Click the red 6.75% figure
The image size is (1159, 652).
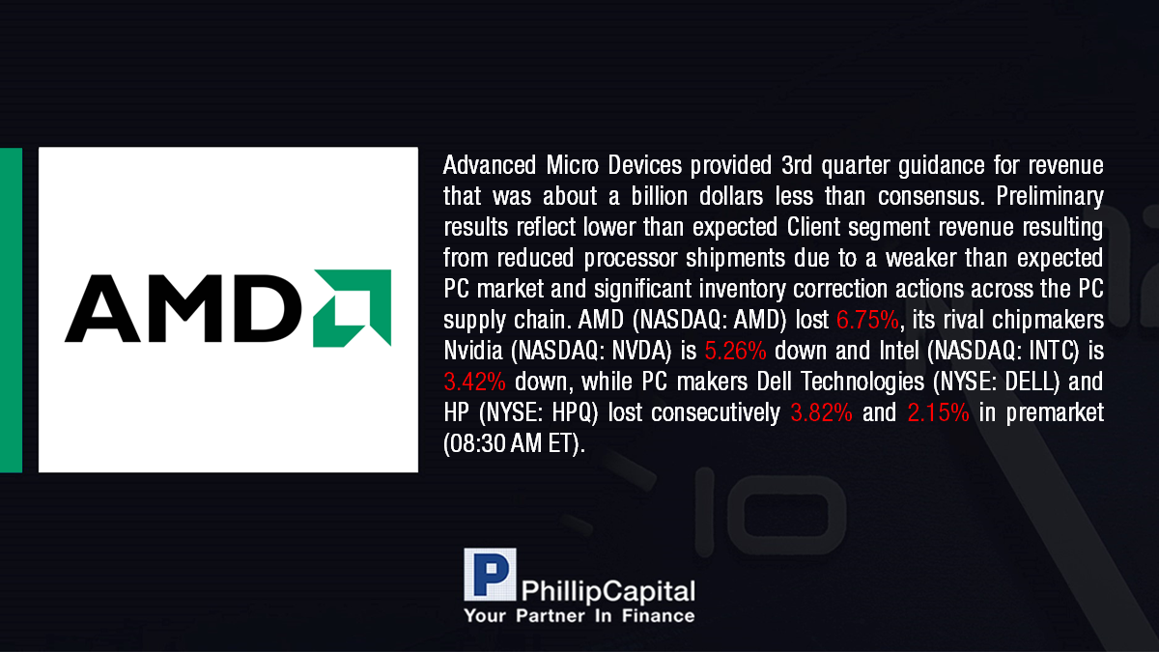[867, 320]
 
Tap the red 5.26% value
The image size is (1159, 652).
[735, 351]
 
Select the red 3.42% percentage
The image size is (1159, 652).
[474, 382]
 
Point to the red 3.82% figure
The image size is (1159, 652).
[821, 412]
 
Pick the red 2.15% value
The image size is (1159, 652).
[938, 412]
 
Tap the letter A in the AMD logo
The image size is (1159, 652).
[102, 309]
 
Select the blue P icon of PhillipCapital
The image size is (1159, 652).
[490, 575]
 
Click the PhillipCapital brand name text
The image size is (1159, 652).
[608, 591]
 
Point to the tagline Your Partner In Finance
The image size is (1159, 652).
[579, 616]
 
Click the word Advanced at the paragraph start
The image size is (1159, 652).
[490, 165]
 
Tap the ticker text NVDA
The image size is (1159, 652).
[641, 351]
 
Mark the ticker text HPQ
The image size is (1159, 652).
[571, 412]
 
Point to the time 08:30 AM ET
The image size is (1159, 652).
[514, 443]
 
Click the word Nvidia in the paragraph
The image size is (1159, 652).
[473, 351]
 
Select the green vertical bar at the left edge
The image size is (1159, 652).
[11, 310]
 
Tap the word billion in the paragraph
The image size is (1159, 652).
[659, 196]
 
